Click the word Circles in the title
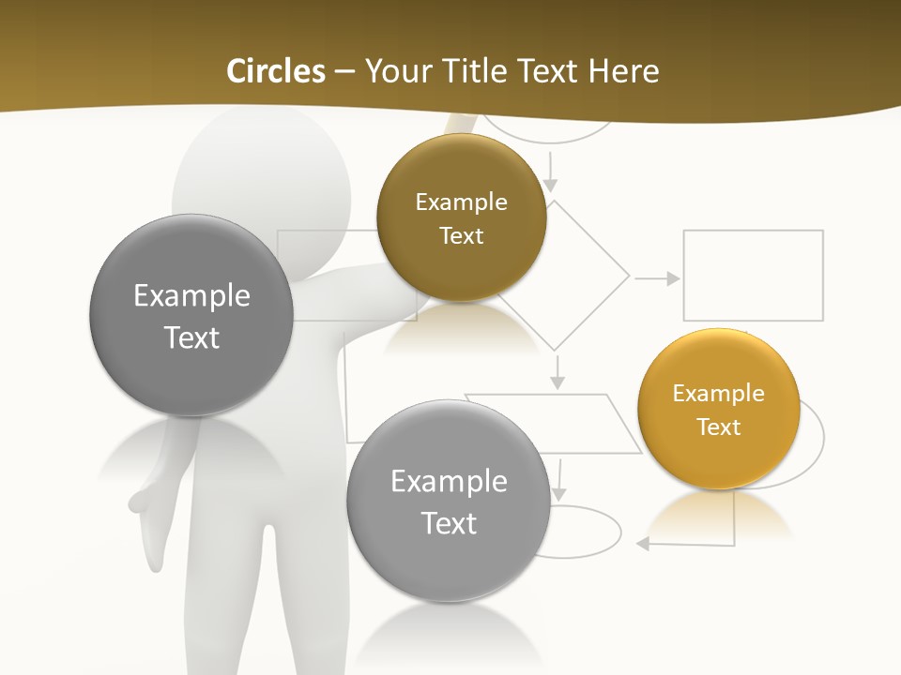275,71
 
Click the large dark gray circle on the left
191,315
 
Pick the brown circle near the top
461,217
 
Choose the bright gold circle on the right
718,409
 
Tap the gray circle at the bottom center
449,501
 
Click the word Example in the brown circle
461,202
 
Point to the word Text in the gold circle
719,427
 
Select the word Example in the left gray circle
191,296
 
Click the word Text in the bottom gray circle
449,523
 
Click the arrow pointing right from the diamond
657,278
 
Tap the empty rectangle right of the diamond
753,276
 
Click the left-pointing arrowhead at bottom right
644,544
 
